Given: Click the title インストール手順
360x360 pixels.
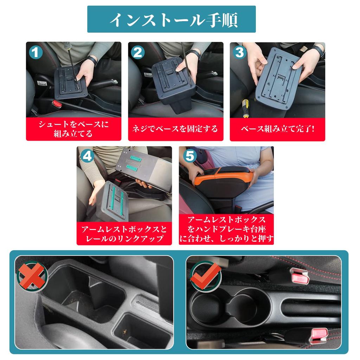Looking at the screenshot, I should [x=171, y=20].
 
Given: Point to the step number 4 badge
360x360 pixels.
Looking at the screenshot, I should [x=87, y=156].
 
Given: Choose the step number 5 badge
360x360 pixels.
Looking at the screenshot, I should [x=189, y=156].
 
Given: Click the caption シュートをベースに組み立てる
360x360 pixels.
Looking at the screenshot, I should [x=73, y=129].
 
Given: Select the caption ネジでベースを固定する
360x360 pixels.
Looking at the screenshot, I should [x=175, y=129].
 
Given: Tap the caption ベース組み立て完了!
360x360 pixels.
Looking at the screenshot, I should [x=277, y=129].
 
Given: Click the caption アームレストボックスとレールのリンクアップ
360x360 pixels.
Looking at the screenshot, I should [x=124, y=234].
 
